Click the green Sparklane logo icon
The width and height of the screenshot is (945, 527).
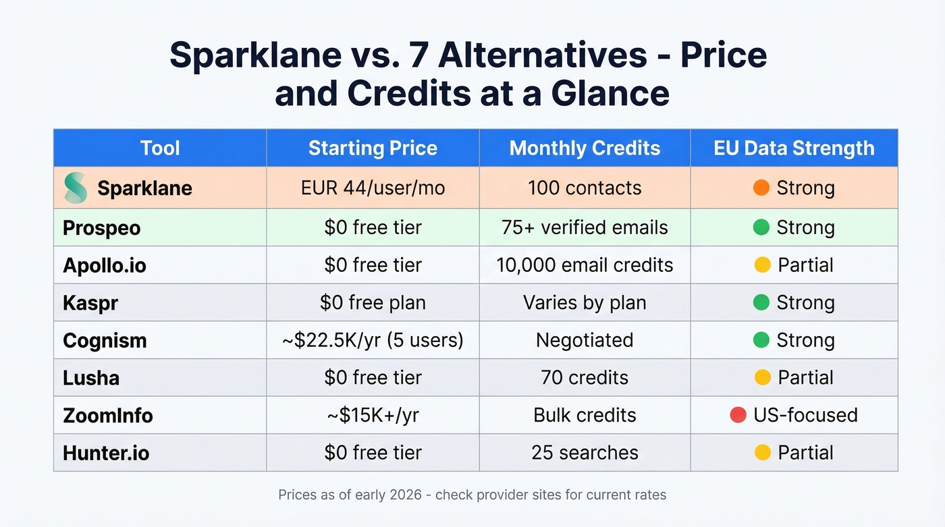coord(76,188)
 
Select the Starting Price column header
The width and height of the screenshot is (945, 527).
coord(373,148)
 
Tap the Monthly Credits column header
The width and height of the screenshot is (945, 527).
coord(585,148)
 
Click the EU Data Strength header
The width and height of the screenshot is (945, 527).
coord(794,148)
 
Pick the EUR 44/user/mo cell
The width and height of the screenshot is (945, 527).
coord(373,188)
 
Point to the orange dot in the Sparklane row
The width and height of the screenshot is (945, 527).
coord(761,188)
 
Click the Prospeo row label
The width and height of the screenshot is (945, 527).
coord(102,228)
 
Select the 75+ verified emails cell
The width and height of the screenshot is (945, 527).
coord(585,227)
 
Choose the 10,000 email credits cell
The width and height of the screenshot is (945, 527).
coord(585,265)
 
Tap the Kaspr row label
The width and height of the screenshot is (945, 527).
coord(90,303)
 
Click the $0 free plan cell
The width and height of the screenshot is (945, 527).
coord(373,302)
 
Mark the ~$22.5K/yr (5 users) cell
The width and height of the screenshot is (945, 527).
coord(373,340)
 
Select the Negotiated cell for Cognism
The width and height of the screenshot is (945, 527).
coord(585,340)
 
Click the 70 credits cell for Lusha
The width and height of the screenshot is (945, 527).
coord(585,377)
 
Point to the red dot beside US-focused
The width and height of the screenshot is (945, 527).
coord(738,415)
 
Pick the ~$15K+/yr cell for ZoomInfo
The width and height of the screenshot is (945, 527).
coord(373,415)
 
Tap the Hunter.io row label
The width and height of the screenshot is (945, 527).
coord(106,453)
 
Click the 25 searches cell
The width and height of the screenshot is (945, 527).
coord(585,452)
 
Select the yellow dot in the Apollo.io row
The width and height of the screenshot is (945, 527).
coord(762,265)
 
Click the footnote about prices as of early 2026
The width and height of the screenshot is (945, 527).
coord(472,495)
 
